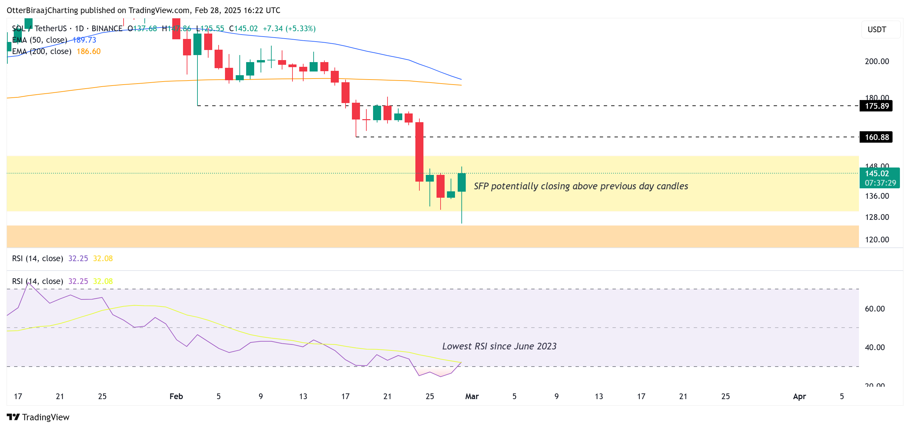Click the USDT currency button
point(877,30)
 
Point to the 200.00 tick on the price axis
point(876,61)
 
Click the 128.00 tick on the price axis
point(876,217)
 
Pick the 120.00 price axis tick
point(876,240)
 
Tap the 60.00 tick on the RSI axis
point(874,309)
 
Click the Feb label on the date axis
point(176,396)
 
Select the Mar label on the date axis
point(471,396)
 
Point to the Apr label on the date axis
point(799,396)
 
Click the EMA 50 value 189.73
point(84,40)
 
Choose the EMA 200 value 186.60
point(88,52)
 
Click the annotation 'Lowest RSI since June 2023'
point(499,346)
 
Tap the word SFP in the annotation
point(481,186)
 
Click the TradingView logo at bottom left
point(38,417)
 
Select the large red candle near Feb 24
point(419,152)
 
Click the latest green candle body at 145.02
point(461,182)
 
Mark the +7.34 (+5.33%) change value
point(289,29)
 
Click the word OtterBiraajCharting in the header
point(42,10)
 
